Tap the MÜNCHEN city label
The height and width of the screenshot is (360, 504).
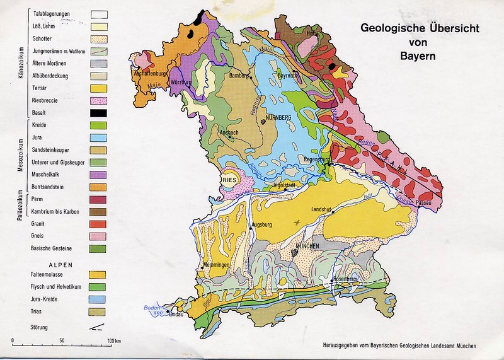(x=306, y=247)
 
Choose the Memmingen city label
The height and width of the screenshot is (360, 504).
(x=216, y=266)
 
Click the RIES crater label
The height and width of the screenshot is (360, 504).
(x=229, y=180)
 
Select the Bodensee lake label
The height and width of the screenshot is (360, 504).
(x=151, y=309)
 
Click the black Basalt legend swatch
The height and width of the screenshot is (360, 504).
(x=98, y=113)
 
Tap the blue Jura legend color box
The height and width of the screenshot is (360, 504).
(x=98, y=137)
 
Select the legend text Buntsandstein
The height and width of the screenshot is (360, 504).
(x=50, y=187)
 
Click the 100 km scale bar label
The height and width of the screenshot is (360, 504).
(x=113, y=341)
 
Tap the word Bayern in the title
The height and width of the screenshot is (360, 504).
(x=417, y=54)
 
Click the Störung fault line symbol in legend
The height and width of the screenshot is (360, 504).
(x=98, y=327)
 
